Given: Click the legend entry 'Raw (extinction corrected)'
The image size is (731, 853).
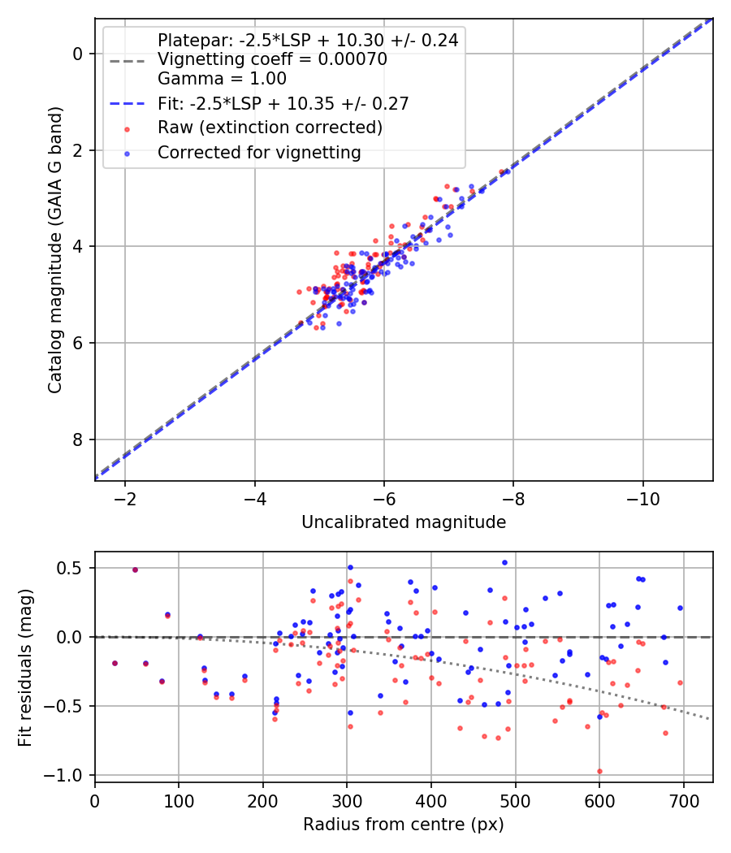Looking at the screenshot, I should pos(270,128).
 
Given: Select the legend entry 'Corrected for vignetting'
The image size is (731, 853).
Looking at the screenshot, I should pos(259,152).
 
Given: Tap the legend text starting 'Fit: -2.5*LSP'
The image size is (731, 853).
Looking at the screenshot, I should pos(283,103).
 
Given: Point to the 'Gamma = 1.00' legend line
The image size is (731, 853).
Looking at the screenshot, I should pos(222,79).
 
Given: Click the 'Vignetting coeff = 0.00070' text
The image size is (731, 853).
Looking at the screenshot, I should pos(272,59).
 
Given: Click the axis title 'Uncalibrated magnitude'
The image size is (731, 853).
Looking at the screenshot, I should pos(404,522).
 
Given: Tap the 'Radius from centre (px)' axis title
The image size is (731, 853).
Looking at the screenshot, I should pos(404,825).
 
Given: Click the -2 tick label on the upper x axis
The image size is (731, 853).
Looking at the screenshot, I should pos(125,496).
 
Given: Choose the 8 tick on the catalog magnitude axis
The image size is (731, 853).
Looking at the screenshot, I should pos(78,439).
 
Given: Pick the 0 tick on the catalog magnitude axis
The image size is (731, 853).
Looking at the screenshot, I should pos(78,54).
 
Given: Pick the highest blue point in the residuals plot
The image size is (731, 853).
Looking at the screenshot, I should pos(504,562).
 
